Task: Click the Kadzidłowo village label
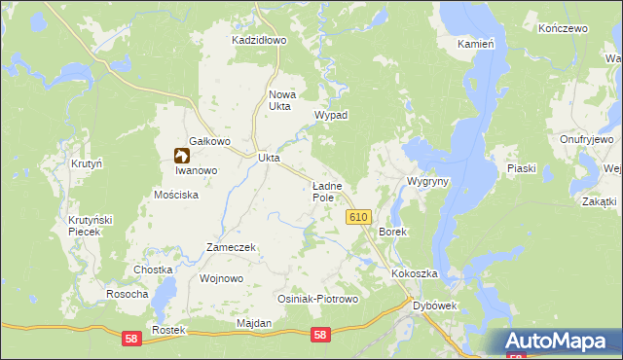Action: pos(258,41)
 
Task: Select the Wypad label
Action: pos(331,115)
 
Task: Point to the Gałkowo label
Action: pos(209,141)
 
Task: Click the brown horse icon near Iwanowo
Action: pos(181,155)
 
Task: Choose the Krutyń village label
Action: pos(87,163)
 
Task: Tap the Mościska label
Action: pos(176,195)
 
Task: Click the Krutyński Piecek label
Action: pos(91,227)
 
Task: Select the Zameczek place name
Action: pos(230,247)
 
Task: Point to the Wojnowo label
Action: pos(220,278)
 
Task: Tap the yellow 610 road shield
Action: pos(357,218)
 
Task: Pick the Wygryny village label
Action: pos(427,182)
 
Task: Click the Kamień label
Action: pos(477,44)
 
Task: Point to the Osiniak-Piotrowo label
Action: pos(318,299)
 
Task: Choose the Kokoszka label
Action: pos(416,274)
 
